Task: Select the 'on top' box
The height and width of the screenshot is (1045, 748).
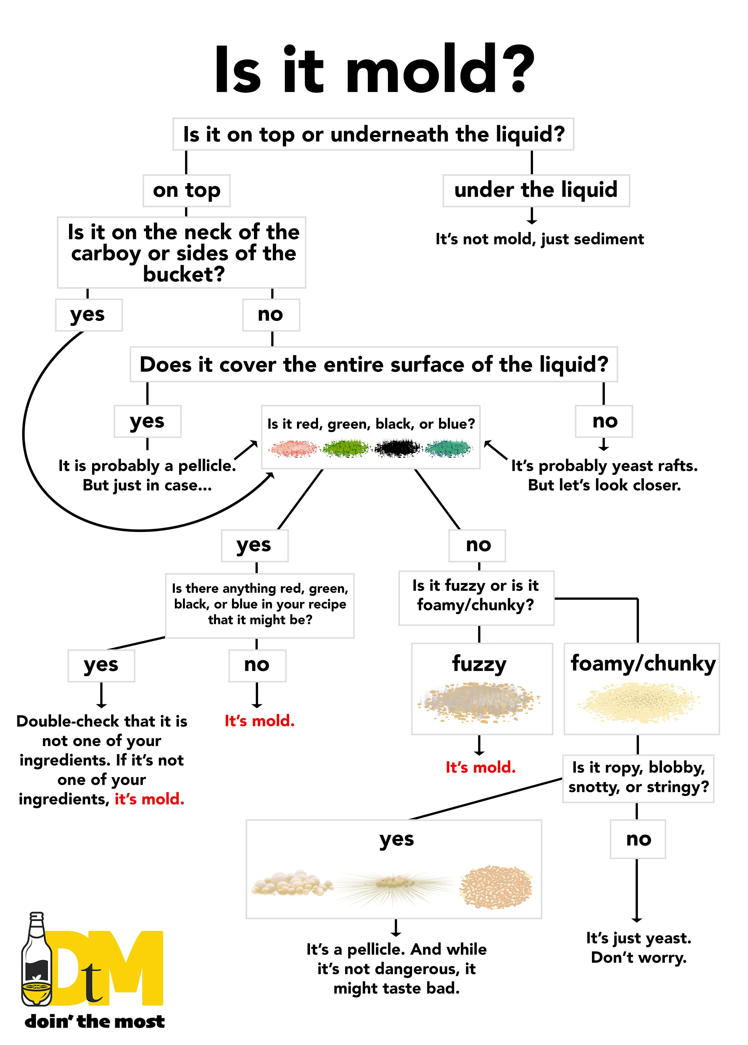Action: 186,190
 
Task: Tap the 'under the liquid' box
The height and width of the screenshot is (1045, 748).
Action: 536,190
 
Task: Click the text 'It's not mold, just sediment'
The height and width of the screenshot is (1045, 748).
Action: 539,239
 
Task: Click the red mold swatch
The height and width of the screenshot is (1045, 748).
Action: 294,448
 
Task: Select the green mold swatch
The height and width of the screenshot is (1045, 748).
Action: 346,448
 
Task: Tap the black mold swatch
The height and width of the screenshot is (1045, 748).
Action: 398,448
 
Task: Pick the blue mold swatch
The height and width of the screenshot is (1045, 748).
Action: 449,448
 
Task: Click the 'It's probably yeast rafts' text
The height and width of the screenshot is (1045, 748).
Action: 604,475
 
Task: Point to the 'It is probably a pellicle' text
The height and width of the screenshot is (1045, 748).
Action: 147,475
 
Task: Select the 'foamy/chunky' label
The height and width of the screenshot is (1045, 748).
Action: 643,664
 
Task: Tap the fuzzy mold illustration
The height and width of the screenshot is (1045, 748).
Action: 479,701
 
